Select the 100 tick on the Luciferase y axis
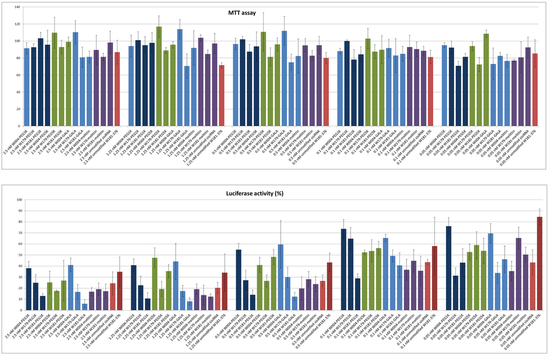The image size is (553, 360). [18, 199]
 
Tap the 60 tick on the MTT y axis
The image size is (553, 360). [17, 74]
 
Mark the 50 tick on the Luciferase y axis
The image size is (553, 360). [19, 255]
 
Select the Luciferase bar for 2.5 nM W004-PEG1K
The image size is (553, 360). [29, 289]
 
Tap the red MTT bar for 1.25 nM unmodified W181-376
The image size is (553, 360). [222, 87]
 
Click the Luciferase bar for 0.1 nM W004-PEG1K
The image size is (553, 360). [343, 269]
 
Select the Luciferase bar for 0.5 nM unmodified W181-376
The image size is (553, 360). [329, 286]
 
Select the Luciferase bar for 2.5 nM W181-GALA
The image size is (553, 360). [85, 306]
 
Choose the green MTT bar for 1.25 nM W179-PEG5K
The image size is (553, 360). [159, 76]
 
